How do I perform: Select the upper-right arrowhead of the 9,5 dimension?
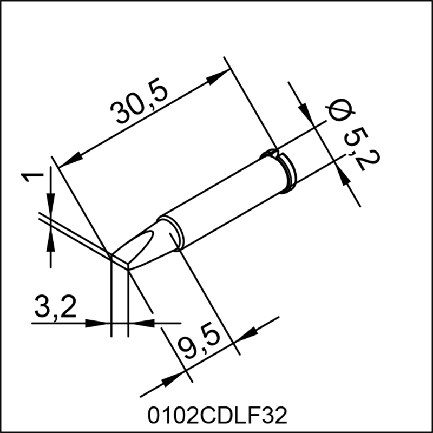pos(248,335)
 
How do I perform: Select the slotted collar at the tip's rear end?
pos(280,169)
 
